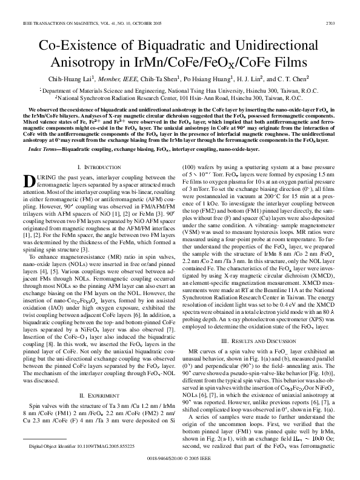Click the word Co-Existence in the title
78,47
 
